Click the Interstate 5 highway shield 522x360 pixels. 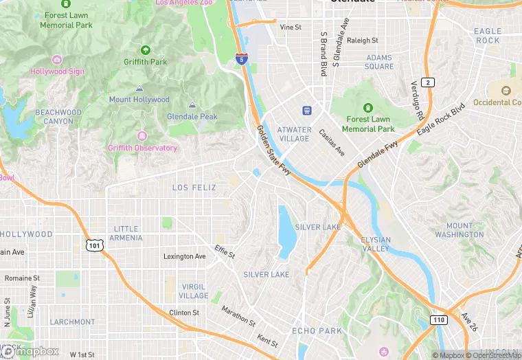point(241,59)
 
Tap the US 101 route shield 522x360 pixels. point(94,244)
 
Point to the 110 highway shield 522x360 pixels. point(440,320)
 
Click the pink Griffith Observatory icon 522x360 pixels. point(142,136)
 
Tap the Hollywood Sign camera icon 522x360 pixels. point(57,60)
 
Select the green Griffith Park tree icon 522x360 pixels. point(145,50)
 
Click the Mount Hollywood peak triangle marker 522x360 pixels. point(139,89)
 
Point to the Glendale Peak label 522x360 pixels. point(192,117)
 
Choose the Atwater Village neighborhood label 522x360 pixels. point(293,133)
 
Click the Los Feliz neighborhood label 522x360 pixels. point(194,188)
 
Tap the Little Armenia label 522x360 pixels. point(126,234)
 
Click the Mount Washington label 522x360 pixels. point(459,230)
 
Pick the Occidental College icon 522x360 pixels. point(506,91)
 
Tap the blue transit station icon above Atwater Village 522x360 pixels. point(306,111)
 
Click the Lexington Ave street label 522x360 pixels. point(184,256)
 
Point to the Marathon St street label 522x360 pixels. point(238,315)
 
